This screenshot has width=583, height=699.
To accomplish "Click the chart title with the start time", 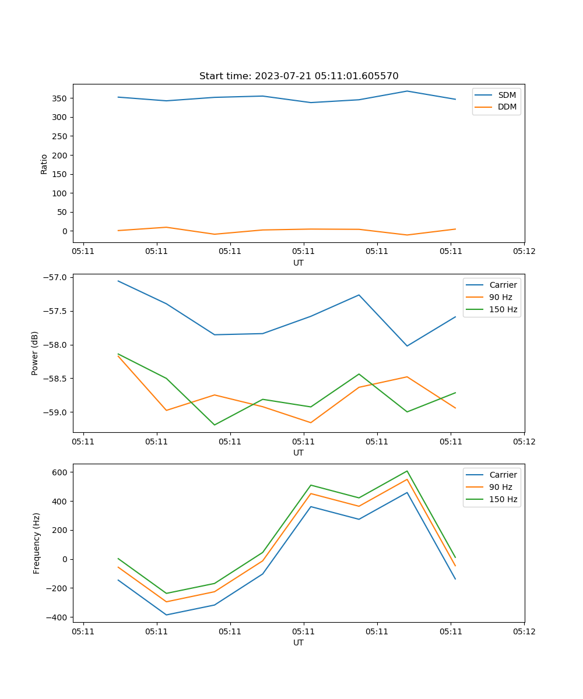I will point(298,76).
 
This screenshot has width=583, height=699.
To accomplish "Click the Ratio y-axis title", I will point(44,163).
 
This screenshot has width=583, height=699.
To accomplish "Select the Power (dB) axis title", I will point(36,353).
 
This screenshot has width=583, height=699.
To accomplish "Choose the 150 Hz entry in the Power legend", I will point(503,309).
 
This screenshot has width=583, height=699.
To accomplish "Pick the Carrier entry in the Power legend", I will point(503,285).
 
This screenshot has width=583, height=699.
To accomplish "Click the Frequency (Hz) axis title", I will point(37,543).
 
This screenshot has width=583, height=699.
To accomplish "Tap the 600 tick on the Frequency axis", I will point(61,472).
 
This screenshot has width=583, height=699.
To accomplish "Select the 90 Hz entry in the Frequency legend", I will point(500,487).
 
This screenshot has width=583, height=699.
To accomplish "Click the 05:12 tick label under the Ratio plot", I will point(524,252).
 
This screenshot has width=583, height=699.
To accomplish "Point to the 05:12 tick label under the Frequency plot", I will point(524,631).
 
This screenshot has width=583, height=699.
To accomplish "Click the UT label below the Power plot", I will point(298,453).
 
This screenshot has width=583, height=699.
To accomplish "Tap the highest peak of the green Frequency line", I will point(407,471).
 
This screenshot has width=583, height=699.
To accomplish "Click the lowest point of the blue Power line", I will point(407,346).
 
